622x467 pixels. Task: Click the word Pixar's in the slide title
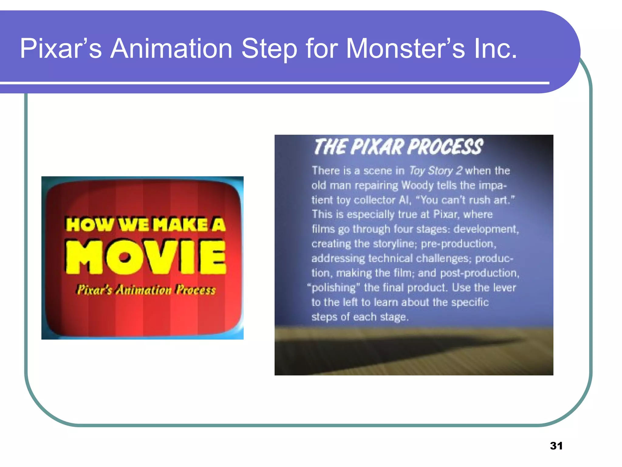61,49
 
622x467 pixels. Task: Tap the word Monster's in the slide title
405,49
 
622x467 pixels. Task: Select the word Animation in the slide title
171,49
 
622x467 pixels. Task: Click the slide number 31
556,446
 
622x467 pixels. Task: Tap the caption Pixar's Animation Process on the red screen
146,290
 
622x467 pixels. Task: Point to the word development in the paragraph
486,229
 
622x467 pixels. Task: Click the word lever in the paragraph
504,287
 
